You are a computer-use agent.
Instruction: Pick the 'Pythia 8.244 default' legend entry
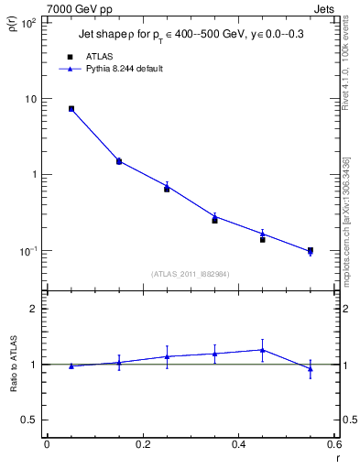click(124, 69)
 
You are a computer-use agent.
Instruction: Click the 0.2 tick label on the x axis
click(142, 444)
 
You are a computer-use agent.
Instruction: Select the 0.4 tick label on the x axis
click(238, 444)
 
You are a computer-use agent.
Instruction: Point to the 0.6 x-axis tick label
click(333, 444)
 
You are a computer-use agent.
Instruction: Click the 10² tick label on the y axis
click(29, 23)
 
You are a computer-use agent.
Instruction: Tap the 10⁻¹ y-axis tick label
click(29, 250)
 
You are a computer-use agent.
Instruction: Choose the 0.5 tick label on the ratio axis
click(31, 420)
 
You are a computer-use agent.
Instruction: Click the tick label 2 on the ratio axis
click(36, 309)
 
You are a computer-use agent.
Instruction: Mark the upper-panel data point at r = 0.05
click(71, 108)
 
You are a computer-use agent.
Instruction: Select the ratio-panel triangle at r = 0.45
click(262, 349)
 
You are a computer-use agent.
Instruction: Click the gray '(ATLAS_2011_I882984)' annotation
click(191, 275)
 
